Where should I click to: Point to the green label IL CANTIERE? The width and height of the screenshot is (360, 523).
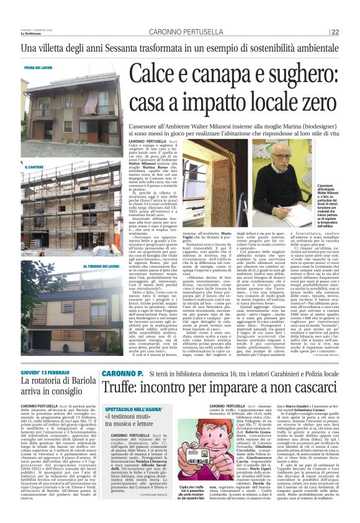(34, 167)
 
